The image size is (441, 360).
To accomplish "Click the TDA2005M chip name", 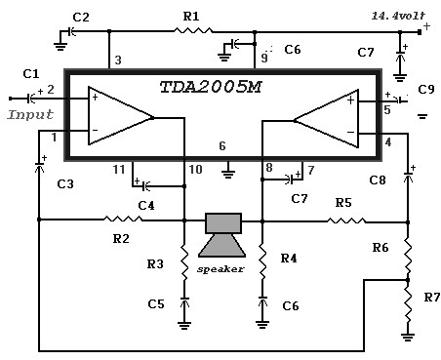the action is pos(211,87).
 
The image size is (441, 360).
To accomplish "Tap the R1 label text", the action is pos(191,17).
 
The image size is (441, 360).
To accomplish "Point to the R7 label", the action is pos(432,297).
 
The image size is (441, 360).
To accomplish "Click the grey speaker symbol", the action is pos(222,235).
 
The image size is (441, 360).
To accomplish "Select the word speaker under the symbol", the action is pos(220,269).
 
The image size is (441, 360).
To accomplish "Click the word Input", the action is pos(30,114).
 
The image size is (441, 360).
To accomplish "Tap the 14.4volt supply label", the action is pos(398,16).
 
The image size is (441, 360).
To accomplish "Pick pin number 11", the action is pos(119,170).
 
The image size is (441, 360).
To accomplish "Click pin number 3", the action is pos(118,60).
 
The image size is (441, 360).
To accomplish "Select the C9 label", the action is pos(426,89).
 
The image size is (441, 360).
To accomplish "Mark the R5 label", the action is pos(343,203).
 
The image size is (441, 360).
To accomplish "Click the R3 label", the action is pos(155,263).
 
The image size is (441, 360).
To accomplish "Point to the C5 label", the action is pos(156,304).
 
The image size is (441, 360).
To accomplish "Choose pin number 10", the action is pos(195,170).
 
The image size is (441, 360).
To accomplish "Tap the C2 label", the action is pos(81,18).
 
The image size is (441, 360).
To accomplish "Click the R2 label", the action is pos(121,239).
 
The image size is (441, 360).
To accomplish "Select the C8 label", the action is pos(378,180).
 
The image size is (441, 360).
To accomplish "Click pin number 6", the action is pos(222,146).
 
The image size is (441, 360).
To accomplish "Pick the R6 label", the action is pos(381,248).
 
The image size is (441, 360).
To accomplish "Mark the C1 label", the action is pos(31,74).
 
